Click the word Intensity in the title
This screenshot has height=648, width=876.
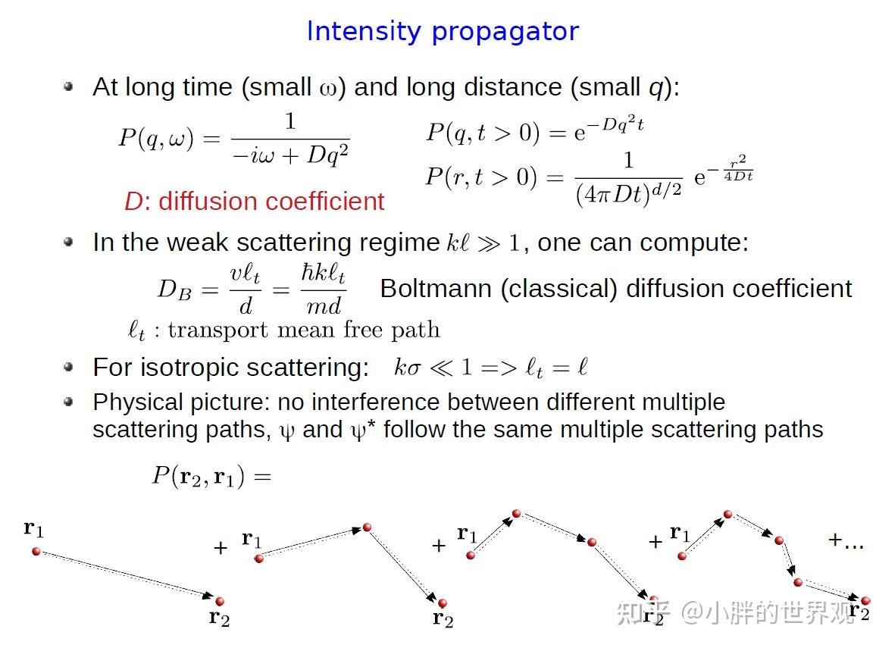(x=364, y=32)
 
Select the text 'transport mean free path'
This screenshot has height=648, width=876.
(x=303, y=330)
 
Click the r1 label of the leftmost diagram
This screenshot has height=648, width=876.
(x=34, y=528)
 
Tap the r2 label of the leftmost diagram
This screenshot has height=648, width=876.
(x=219, y=618)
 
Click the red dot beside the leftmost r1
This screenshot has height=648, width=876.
(x=36, y=550)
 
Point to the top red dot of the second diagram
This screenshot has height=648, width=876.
(x=367, y=527)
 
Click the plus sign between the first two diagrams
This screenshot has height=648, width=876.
(x=221, y=547)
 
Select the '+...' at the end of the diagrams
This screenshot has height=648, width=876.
(x=846, y=540)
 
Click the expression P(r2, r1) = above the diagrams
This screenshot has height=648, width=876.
(x=211, y=476)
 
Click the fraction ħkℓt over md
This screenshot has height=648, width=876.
(x=324, y=290)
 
